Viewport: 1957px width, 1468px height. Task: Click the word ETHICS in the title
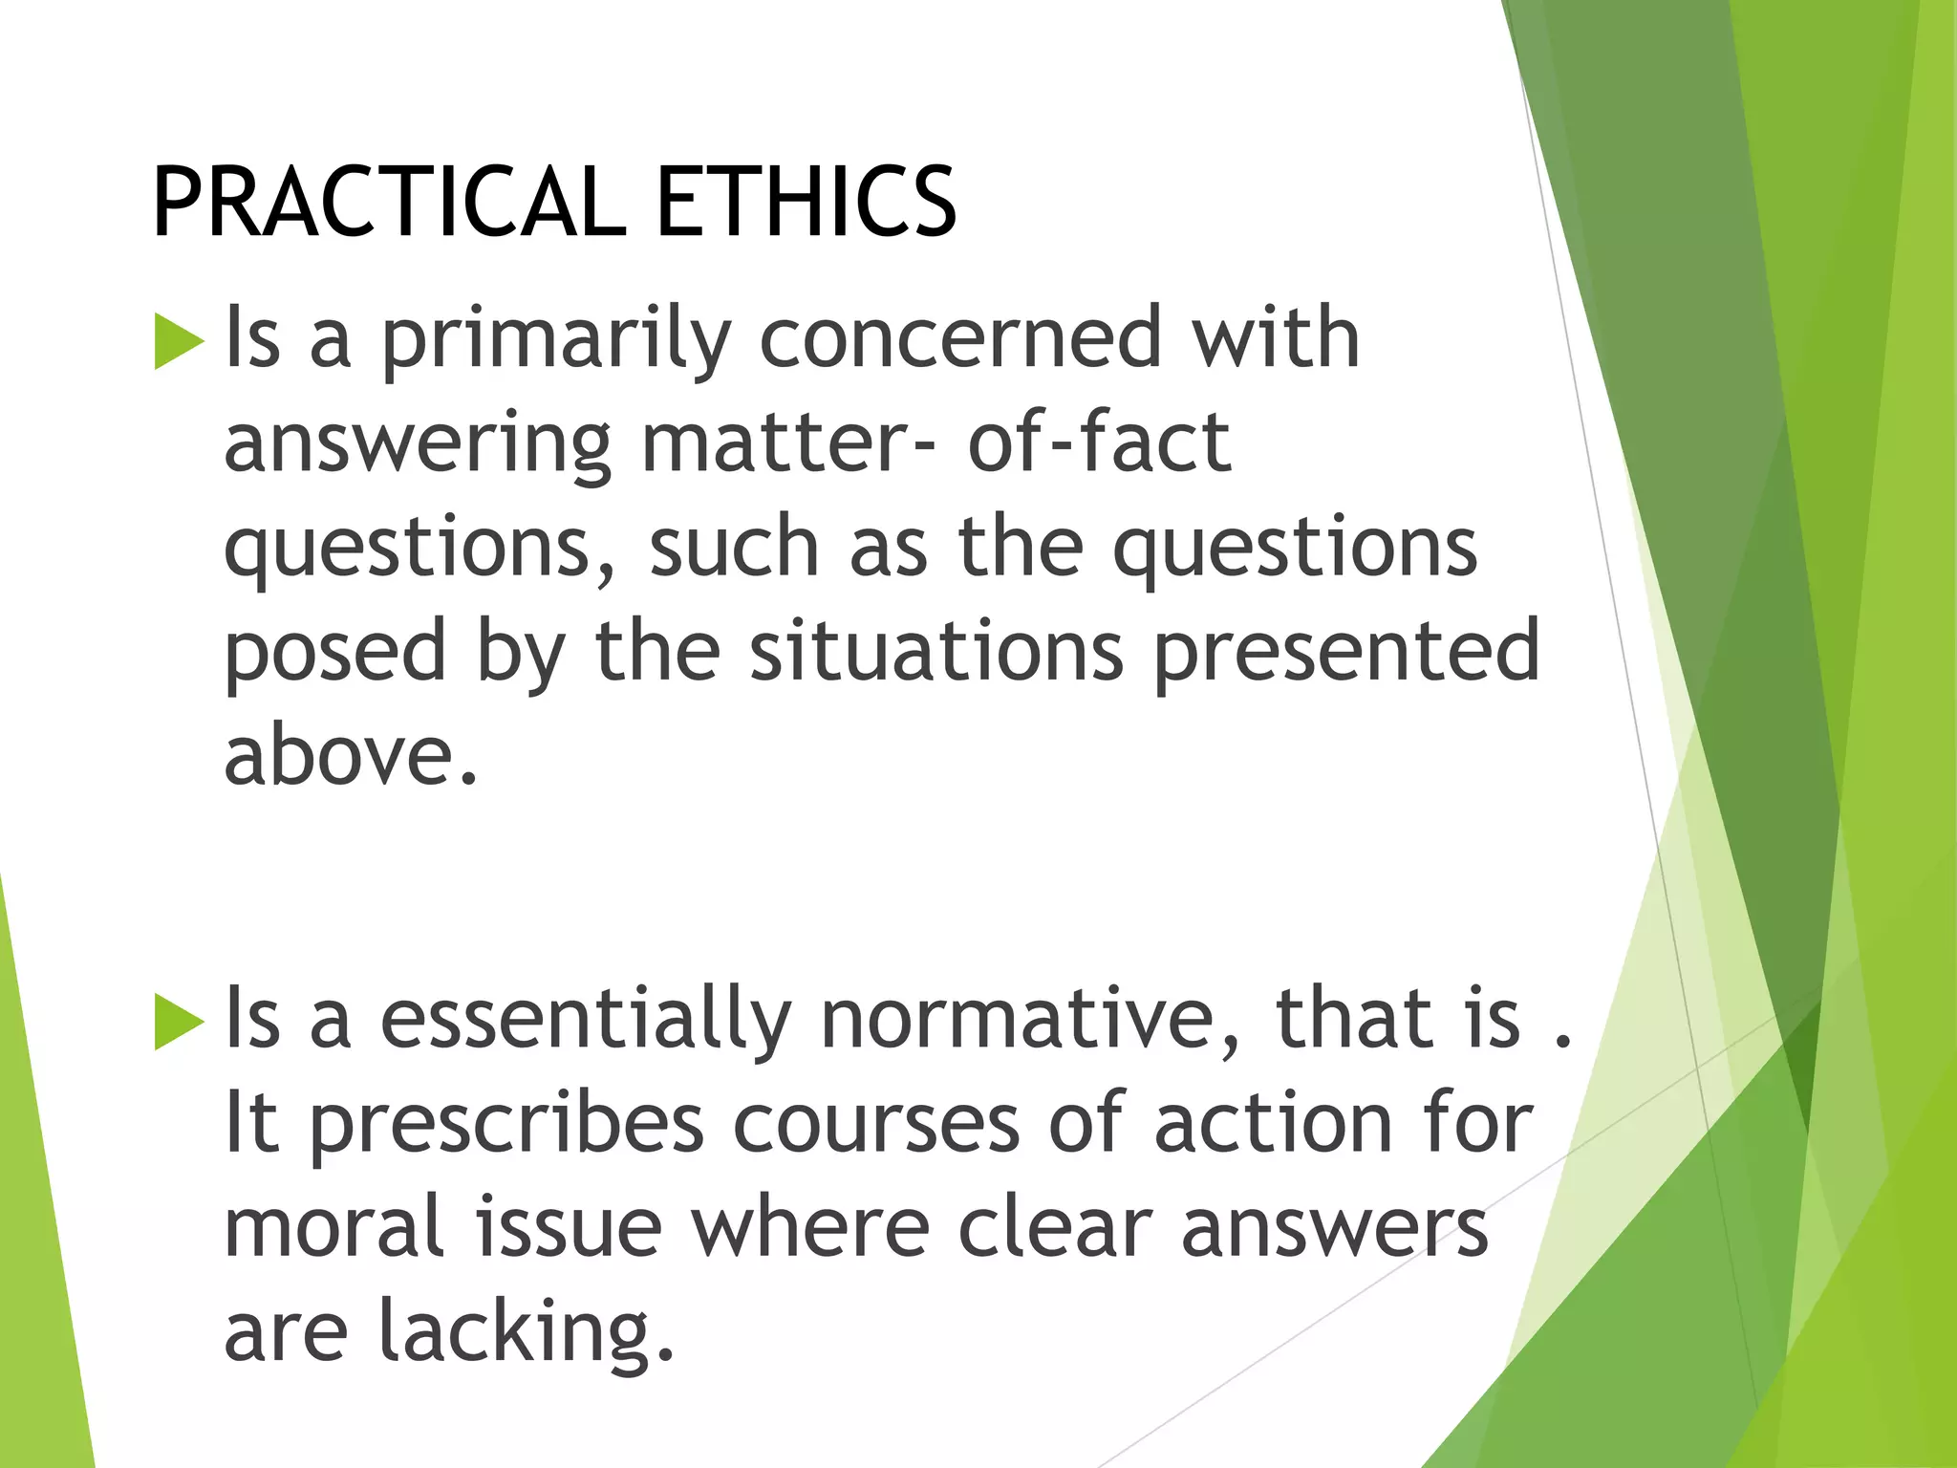[x=806, y=202]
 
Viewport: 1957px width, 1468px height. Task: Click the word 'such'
[x=734, y=547]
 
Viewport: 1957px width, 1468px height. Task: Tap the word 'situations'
[x=936, y=651]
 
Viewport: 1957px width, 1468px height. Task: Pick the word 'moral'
[x=334, y=1227]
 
